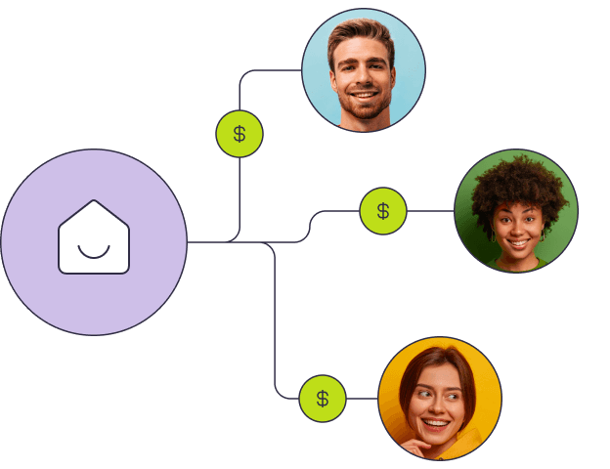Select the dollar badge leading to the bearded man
(x=240, y=134)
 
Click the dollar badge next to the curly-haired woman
(x=383, y=211)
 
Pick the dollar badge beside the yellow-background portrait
(x=323, y=399)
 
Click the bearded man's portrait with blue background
(x=364, y=69)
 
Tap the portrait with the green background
(x=516, y=211)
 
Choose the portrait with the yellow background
(x=440, y=399)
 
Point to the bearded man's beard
(x=364, y=106)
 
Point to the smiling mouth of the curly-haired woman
(x=517, y=240)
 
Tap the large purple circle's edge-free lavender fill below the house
(x=94, y=303)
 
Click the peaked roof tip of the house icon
(x=94, y=202)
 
